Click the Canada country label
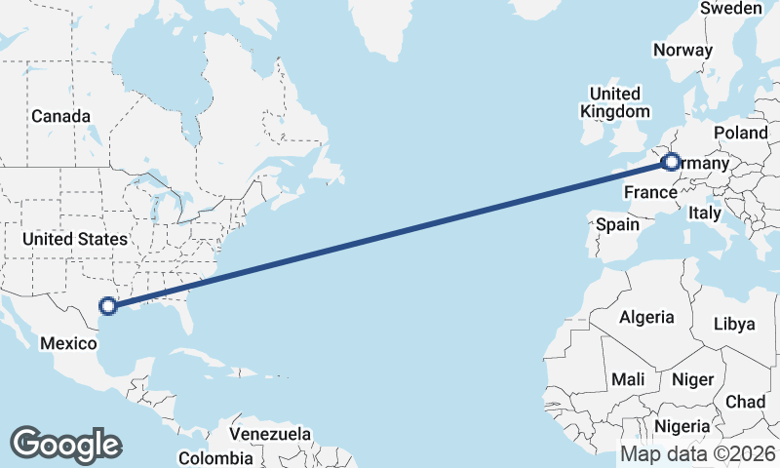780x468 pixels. pyautogui.click(x=60, y=116)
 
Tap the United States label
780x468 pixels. pyautogui.click(x=75, y=239)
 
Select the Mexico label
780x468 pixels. pyautogui.click(x=68, y=342)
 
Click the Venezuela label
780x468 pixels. pyautogui.click(x=270, y=434)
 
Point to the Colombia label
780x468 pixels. pyautogui.click(x=215, y=457)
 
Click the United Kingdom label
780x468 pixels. pyautogui.click(x=614, y=102)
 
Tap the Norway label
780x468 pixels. pyautogui.click(x=683, y=51)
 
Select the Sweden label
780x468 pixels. pyautogui.click(x=730, y=9)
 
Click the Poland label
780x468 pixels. pyautogui.click(x=741, y=133)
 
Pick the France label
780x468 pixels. pyautogui.click(x=650, y=190)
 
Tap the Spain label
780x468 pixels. pyautogui.click(x=617, y=224)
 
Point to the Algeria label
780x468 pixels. pyautogui.click(x=645, y=317)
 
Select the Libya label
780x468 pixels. pyautogui.click(x=735, y=324)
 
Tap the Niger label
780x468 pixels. pyautogui.click(x=693, y=378)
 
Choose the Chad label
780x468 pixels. pyautogui.click(x=746, y=402)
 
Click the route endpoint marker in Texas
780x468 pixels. pyautogui.click(x=108, y=306)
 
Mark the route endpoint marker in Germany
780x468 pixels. pyautogui.click(x=671, y=163)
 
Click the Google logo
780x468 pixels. pyautogui.click(x=65, y=445)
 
